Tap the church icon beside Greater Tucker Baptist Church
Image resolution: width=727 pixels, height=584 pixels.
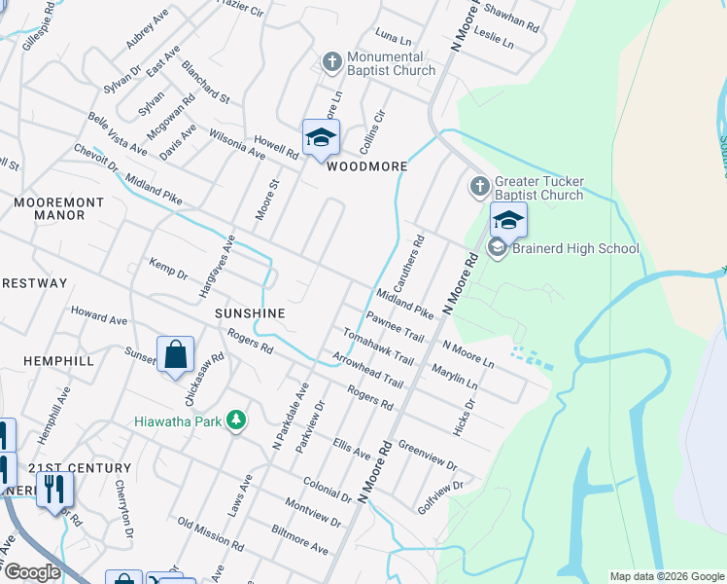(479, 185)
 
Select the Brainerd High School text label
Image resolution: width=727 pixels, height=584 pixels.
(577, 248)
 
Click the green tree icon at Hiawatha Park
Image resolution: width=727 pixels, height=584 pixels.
(234, 420)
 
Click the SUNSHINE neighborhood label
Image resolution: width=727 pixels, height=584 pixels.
(250, 313)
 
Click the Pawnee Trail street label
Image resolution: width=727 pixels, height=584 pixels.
(396, 327)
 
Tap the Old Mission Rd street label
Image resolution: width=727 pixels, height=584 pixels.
(211, 533)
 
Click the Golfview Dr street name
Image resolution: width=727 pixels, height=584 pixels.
(437, 494)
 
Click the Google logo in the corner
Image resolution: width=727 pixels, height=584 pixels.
(31, 572)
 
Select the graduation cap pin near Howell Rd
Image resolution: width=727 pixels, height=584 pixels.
(320, 137)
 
